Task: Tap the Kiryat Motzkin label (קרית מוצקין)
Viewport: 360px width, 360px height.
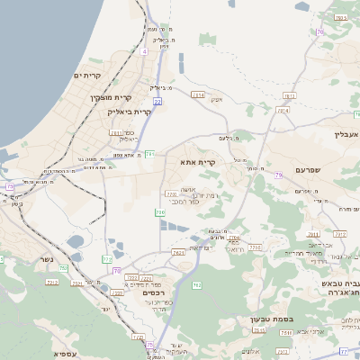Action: pyautogui.click(x=111, y=95)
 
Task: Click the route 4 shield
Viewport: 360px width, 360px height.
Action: pyautogui.click(x=144, y=51)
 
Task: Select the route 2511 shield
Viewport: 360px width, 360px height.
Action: pyautogui.click(x=117, y=132)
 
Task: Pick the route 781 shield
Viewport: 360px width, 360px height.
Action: pyautogui.click(x=150, y=154)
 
